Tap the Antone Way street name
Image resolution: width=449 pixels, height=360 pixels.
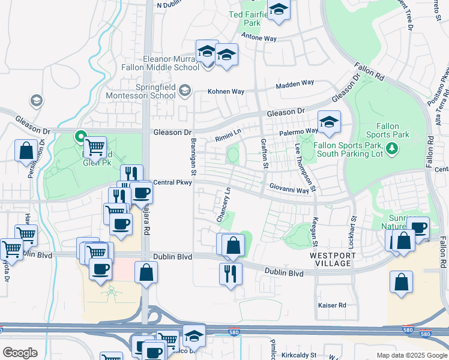click(259, 37)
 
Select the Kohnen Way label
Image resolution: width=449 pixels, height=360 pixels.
click(226, 92)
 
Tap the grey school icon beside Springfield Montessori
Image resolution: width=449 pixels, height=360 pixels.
click(185, 90)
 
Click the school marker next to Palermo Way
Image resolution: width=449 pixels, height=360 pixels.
click(329, 122)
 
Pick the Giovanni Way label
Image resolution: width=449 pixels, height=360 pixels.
click(289, 190)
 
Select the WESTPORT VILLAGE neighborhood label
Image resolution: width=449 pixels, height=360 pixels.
click(333, 259)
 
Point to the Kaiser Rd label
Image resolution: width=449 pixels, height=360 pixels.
click(332, 305)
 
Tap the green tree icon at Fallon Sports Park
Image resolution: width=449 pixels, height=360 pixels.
click(392, 148)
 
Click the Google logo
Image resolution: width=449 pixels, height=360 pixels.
click(19, 353)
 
